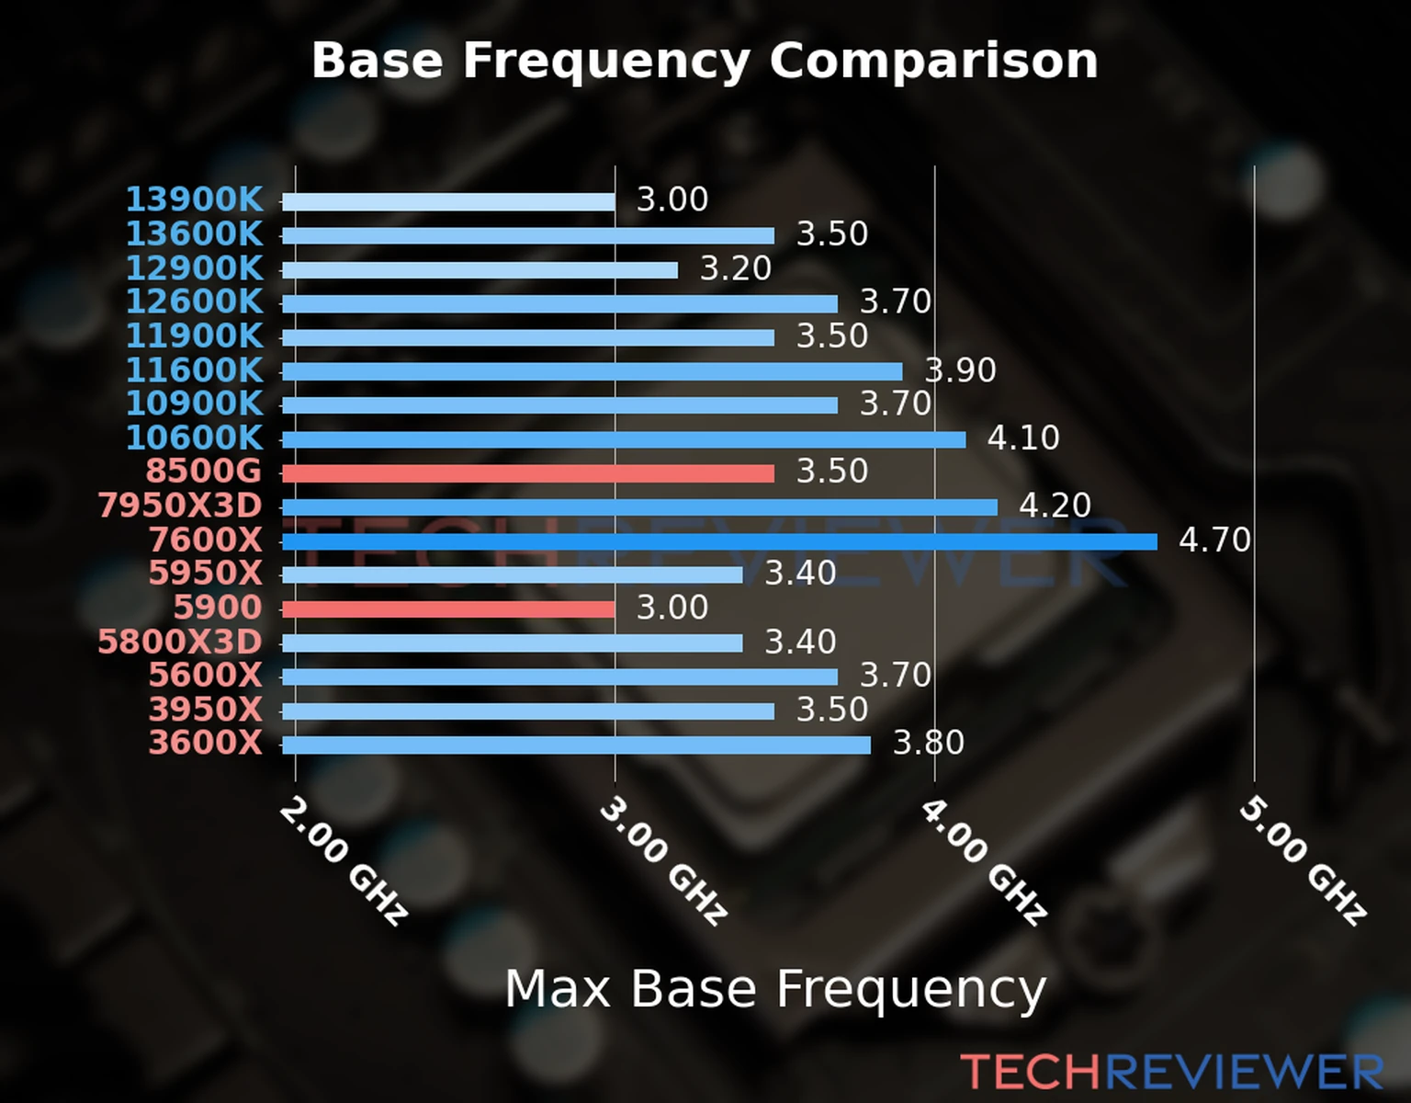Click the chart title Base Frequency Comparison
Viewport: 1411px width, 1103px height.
[705, 61]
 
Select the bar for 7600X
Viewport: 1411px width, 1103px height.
[719, 541]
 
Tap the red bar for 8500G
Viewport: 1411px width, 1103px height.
[528, 473]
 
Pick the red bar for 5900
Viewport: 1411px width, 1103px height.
[448, 609]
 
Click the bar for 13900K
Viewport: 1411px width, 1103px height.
[448, 201]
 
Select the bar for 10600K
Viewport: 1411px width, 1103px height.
[624, 439]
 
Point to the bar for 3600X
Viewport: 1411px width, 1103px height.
[576, 745]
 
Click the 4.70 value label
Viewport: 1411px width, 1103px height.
[1214, 540]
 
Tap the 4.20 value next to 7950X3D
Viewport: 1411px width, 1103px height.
[1055, 506]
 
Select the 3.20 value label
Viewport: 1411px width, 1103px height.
[736, 268]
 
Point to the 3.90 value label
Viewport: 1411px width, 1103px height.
[960, 370]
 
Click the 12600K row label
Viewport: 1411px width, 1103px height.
[194, 301]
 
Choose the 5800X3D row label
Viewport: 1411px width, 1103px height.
[180, 642]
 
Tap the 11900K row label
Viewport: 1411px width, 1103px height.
[194, 335]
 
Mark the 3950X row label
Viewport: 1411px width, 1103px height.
[206, 710]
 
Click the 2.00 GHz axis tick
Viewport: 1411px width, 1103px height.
[342, 860]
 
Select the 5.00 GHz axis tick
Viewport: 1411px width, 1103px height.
[1303, 860]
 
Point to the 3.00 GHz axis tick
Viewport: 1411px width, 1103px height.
[662, 860]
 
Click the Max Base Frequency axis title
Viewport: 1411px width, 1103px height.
[775, 989]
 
